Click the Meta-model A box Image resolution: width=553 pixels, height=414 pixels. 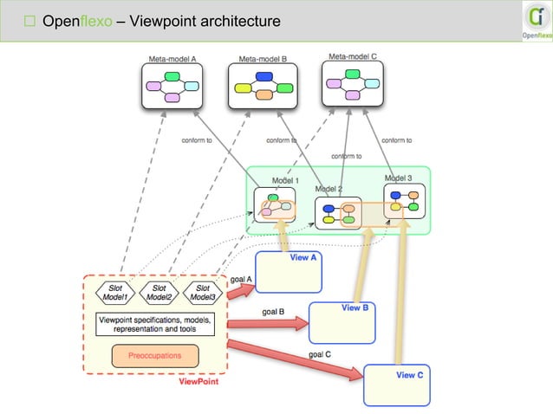pos(171,86)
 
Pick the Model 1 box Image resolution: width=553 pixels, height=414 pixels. pos(275,205)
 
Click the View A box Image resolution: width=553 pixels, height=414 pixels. pos(289,273)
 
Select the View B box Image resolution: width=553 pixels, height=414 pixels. pos(342,322)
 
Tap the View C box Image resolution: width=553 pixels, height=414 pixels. pos(396,385)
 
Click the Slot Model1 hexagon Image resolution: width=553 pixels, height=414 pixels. pos(115,292)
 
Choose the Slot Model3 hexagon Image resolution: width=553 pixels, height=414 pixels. pos(202,292)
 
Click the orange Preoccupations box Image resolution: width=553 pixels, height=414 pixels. pos(155,355)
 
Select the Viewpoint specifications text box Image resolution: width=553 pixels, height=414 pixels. pos(154,324)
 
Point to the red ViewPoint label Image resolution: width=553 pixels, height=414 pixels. pos(198,381)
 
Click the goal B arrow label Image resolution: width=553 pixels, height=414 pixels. pos(273,311)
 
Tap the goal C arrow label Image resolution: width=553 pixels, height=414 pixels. pos(320,354)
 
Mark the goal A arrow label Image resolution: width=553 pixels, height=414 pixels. pos(242,279)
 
